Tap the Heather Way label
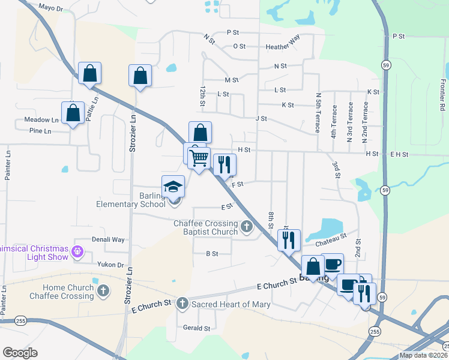click(x=282, y=46)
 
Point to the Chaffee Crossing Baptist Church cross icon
click(x=248, y=227)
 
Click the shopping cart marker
click(x=199, y=158)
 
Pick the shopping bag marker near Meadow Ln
click(x=73, y=113)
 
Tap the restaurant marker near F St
click(x=224, y=165)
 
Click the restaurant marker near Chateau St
click(x=289, y=240)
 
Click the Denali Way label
click(x=108, y=239)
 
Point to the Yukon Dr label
click(x=112, y=265)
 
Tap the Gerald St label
click(x=196, y=328)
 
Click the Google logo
click(x=20, y=353)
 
